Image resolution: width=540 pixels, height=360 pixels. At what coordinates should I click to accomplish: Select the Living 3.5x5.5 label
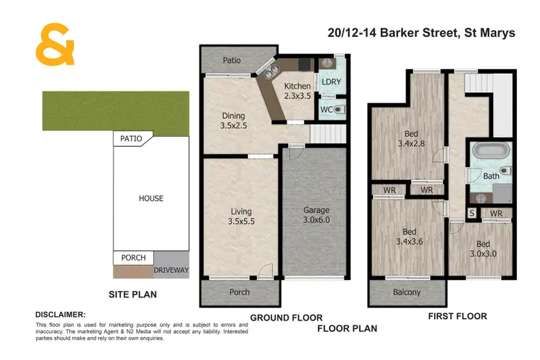click(x=241, y=215)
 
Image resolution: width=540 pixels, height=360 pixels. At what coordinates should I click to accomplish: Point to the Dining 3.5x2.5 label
click(x=233, y=120)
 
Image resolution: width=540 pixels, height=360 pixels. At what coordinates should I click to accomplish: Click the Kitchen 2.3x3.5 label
click(x=298, y=90)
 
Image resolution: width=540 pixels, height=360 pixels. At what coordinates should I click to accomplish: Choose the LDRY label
click(x=331, y=81)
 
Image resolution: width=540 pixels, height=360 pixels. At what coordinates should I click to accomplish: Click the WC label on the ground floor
click(x=326, y=109)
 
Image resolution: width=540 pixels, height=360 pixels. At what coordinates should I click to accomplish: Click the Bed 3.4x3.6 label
click(x=409, y=237)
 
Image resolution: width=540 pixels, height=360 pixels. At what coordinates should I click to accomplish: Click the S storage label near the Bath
click(x=472, y=214)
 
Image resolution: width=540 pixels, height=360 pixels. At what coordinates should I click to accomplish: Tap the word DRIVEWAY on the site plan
click(x=171, y=271)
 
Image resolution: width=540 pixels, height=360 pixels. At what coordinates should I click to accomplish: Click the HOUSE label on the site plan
click(x=151, y=198)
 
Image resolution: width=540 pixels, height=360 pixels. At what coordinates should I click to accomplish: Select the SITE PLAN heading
click(x=132, y=294)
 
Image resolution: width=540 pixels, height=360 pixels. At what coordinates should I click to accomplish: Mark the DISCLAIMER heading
click(x=60, y=315)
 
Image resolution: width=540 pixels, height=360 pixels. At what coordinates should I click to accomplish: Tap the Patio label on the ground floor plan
click(x=231, y=60)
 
